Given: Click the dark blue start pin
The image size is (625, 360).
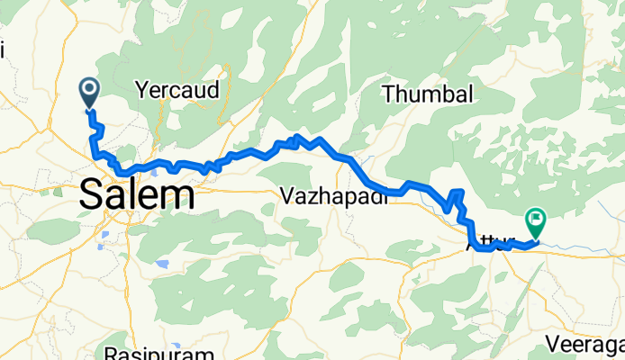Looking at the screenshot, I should click(90, 92).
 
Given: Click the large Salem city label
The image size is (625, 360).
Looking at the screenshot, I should click(138, 194).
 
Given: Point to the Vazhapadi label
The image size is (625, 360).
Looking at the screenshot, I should click(333, 195).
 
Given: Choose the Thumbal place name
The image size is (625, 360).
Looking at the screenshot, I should click(427, 94).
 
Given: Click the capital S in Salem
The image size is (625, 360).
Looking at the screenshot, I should click(93, 194).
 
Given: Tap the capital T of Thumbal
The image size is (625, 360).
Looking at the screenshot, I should click(389, 94).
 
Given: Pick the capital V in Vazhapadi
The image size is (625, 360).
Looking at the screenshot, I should click(287, 195).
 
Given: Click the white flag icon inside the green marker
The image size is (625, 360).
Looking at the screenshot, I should click(537, 217).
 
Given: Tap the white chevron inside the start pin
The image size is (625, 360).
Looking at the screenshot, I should click(90, 88).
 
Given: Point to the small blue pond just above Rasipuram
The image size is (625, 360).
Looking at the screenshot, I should click(162, 265).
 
